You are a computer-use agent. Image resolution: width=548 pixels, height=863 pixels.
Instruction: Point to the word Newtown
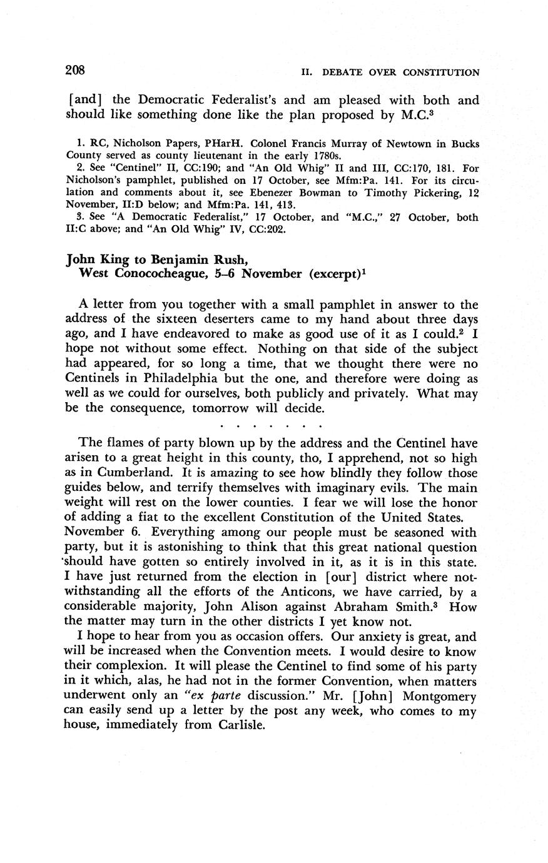coord(419,144)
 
